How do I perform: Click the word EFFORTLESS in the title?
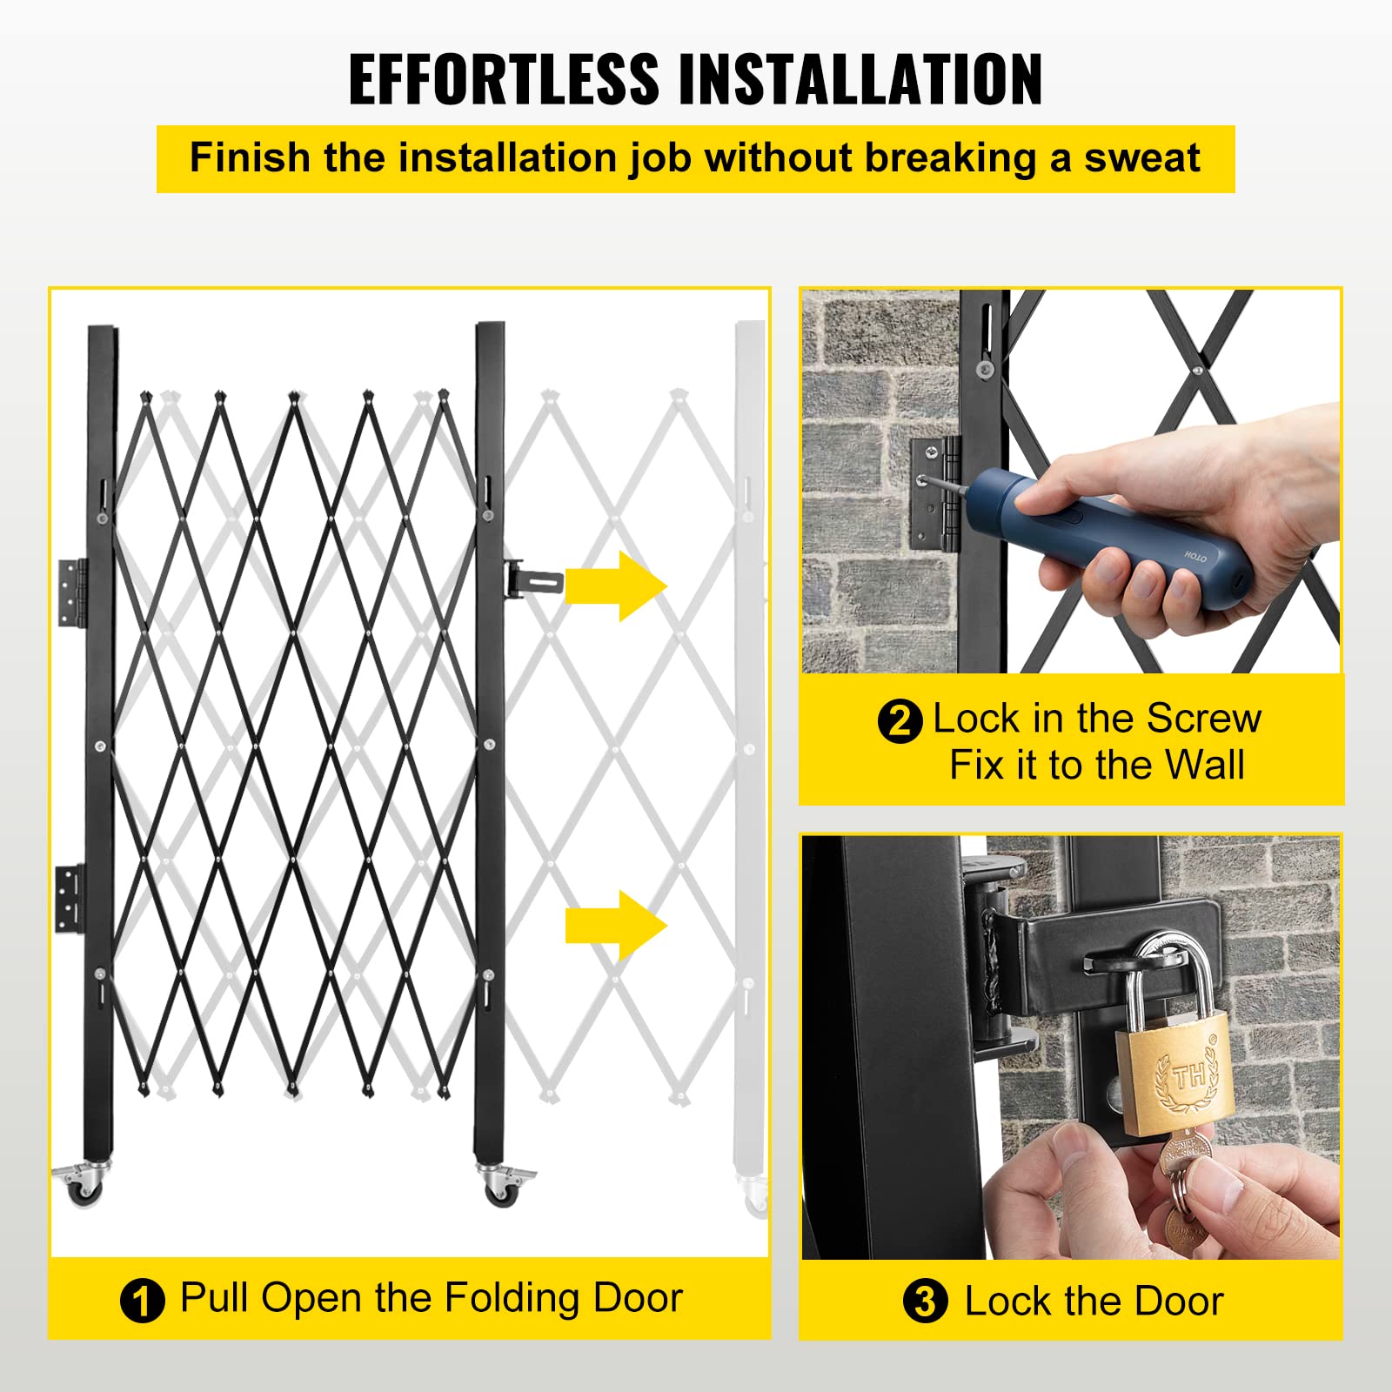pos(504,79)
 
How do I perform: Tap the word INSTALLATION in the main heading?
pos(860,79)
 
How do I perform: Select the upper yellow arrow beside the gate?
pos(616,586)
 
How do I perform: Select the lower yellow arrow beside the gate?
pos(616,925)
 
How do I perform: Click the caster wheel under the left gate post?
pos(85,1187)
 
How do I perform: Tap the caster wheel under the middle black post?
pos(503,1187)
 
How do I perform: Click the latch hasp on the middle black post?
pos(532,578)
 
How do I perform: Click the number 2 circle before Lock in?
pos(900,721)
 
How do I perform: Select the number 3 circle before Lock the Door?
pos(925,1302)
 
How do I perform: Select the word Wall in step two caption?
pos(1205,766)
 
